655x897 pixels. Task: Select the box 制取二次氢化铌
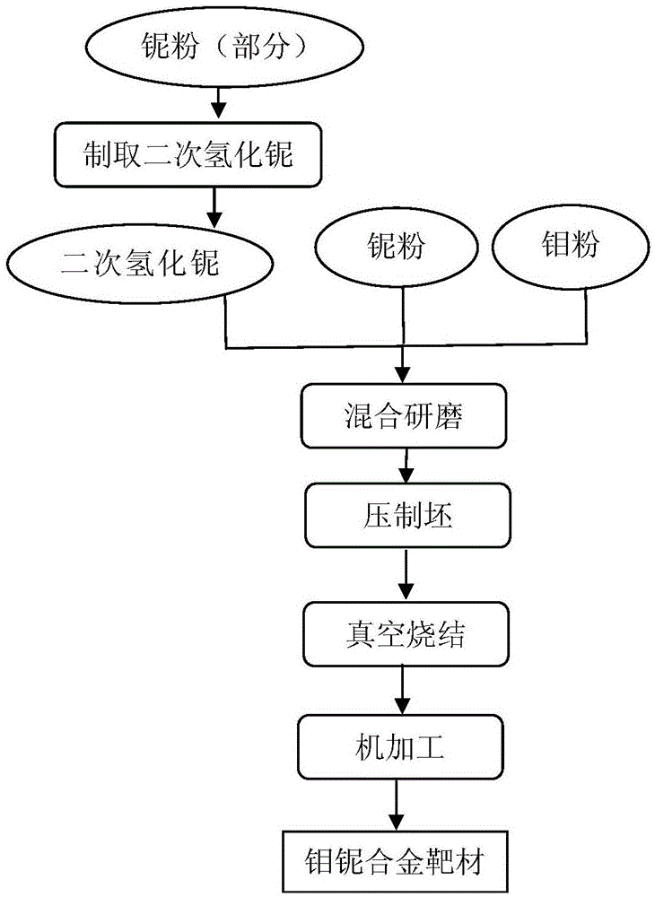pos(187,154)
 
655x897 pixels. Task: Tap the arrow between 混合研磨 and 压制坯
pos(406,465)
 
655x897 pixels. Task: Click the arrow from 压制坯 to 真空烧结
pos(406,574)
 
